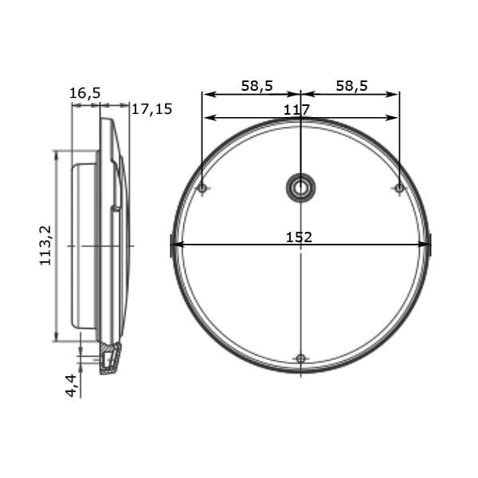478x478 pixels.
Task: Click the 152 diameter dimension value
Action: [x=299, y=237]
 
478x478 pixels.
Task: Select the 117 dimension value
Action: [x=296, y=110]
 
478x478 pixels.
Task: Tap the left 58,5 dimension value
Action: [x=257, y=86]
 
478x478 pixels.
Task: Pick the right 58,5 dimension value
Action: [x=352, y=86]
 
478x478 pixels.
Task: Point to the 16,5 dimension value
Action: [x=85, y=93]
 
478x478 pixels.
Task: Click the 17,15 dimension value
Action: [x=152, y=109]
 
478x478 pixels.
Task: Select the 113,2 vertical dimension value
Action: [x=45, y=245]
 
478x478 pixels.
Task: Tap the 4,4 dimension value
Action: [x=72, y=386]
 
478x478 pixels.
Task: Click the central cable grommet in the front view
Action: [x=301, y=188]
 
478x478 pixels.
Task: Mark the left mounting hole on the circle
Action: [x=202, y=188]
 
